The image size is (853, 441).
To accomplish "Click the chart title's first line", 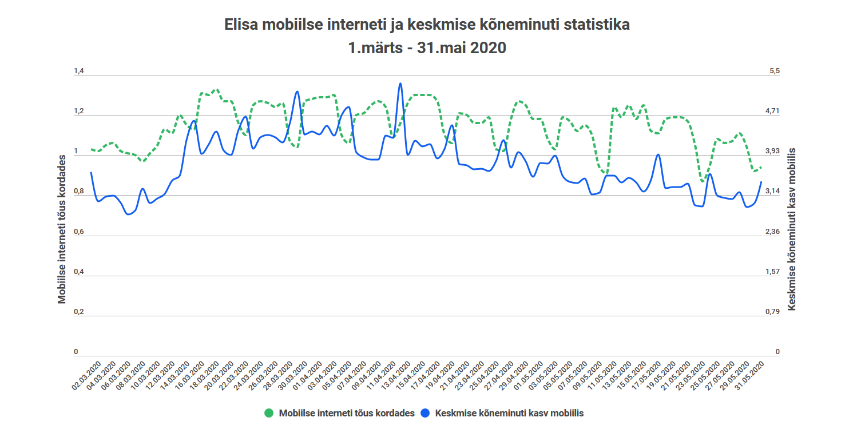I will coord(426,25).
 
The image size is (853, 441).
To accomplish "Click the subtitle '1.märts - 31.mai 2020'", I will coord(426,48).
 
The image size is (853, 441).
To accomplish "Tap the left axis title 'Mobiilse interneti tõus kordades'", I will coord(62,229).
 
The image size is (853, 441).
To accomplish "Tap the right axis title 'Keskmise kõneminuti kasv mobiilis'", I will coord(792,228).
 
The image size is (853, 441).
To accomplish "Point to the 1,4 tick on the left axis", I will coord(79,71).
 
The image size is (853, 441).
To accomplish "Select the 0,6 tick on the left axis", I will coord(79,232).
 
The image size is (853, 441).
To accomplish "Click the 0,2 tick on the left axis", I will coord(79,312).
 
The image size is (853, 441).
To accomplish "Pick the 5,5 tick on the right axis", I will coord(774,71).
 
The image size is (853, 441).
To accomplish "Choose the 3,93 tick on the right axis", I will coord(772,151).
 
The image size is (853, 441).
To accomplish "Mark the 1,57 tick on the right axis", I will coord(772,272).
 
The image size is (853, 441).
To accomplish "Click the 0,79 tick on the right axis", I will coord(772,312).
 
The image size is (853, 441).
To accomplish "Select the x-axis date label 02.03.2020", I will coord(88,375).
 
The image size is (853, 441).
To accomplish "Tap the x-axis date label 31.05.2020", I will coord(749,375).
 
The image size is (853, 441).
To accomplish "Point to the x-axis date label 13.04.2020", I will coord(396,375).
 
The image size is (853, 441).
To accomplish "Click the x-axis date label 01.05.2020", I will coord(529,375).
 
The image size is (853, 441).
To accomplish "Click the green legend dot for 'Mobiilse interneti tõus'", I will coord(269,413).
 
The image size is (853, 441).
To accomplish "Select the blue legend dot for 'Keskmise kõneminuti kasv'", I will coord(426,413).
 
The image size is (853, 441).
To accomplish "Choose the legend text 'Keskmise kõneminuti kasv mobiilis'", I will coord(509,413).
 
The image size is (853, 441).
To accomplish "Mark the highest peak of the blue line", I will coord(400,84).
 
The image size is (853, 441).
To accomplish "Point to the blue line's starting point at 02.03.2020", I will coord(91,173).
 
